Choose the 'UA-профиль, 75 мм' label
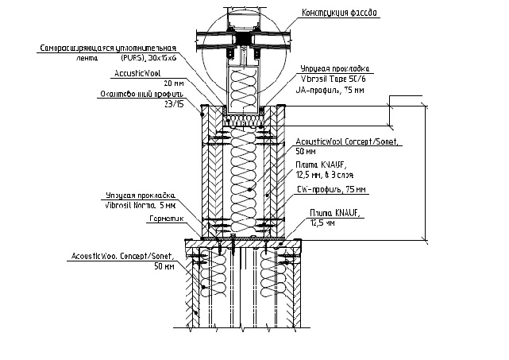330,90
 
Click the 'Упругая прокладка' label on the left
140,195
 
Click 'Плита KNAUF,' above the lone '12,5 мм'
333,215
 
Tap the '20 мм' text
172,83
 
